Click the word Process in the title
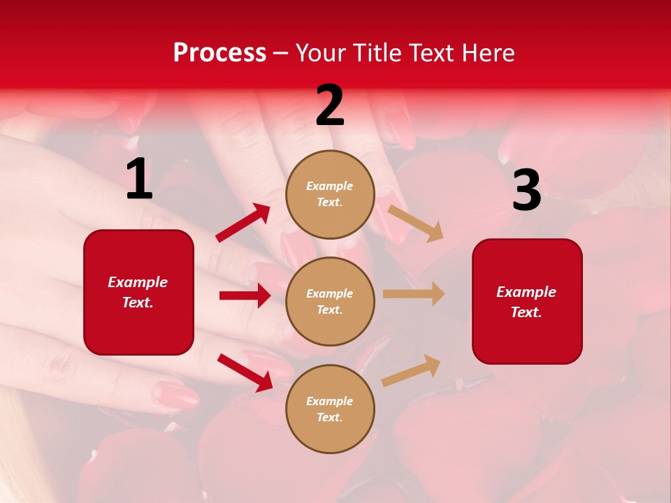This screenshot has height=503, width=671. click(x=219, y=53)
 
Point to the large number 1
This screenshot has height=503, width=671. click(x=139, y=180)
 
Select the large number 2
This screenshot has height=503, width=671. click(x=330, y=105)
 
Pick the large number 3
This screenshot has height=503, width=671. click(x=526, y=190)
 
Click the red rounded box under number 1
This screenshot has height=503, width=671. click(x=138, y=292)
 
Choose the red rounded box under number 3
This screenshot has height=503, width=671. click(x=527, y=302)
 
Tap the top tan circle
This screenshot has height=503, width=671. click(x=330, y=194)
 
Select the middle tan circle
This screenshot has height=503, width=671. click(x=330, y=301)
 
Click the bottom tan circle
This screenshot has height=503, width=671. click(x=330, y=409)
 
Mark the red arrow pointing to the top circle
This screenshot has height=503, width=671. click(x=243, y=222)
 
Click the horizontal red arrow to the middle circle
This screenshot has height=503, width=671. click(x=245, y=296)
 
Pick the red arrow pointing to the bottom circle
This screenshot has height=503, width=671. click(x=245, y=372)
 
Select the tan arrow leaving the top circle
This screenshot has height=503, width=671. click(x=415, y=223)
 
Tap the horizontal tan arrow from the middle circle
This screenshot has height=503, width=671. click(x=414, y=294)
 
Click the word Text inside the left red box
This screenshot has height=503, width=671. click(x=137, y=302)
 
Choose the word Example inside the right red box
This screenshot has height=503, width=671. click(x=526, y=292)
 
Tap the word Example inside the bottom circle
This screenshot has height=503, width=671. click(x=330, y=401)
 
